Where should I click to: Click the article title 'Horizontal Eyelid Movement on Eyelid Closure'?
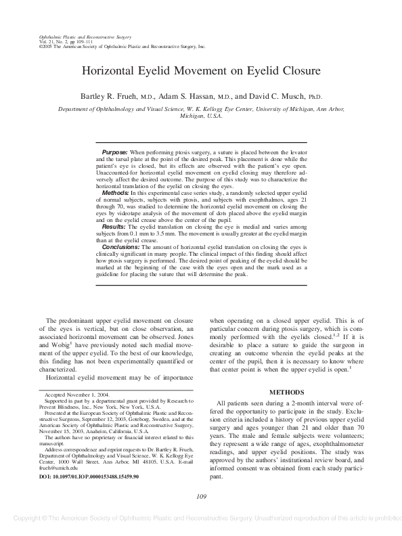pos(201,70)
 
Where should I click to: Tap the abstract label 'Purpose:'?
pos(114,154)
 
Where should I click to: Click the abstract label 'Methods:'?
pos(114,193)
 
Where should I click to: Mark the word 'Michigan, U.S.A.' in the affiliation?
pos(201,116)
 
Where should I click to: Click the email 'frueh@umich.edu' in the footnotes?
pos(55,468)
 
